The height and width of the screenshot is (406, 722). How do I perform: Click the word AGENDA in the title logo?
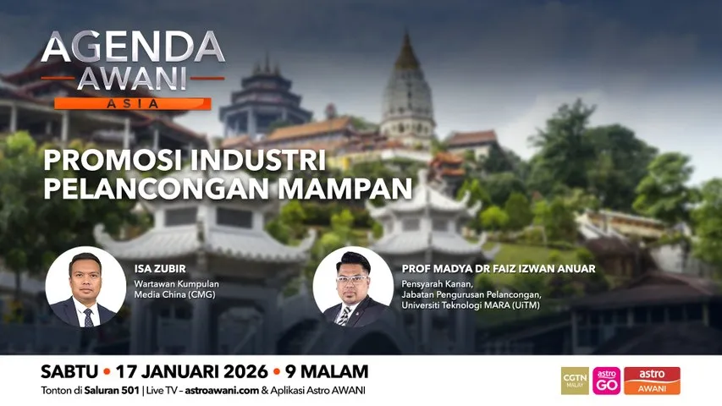[133, 49]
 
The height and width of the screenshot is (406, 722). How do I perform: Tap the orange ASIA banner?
[133, 104]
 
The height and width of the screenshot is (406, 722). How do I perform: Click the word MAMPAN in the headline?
[350, 187]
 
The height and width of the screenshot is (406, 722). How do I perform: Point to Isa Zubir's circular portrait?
[81, 288]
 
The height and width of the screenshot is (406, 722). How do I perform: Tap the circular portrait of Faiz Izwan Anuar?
[352, 288]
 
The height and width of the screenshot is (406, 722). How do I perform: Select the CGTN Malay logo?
[575, 381]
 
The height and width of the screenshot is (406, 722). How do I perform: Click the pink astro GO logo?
[606, 381]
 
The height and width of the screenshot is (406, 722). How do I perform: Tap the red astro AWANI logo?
[652, 381]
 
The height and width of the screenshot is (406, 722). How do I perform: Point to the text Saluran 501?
[122, 390]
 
